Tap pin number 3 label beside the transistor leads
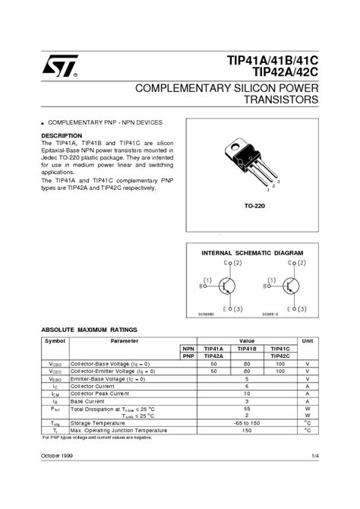[x=279, y=182]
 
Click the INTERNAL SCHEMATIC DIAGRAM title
[x=251, y=252]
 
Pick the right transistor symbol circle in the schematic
[x=289, y=286]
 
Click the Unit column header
[x=307, y=341]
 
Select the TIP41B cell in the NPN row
[x=246, y=349]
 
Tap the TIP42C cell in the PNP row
[x=279, y=356]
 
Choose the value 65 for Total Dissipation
[x=247, y=408]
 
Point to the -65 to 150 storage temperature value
[x=247, y=422]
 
